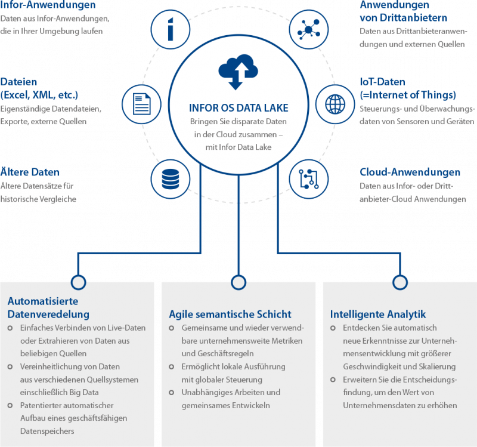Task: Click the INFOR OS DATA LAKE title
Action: (x=238, y=108)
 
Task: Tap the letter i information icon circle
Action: (x=171, y=28)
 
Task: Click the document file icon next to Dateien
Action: (x=141, y=104)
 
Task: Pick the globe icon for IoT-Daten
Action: (x=334, y=104)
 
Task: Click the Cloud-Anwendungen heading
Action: (x=410, y=172)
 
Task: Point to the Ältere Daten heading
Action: (x=30, y=172)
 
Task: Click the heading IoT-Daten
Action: (x=383, y=82)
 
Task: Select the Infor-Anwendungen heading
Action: (x=48, y=5)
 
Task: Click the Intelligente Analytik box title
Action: (x=378, y=314)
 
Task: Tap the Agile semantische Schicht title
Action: (x=230, y=314)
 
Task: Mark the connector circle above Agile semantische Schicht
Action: (x=238, y=282)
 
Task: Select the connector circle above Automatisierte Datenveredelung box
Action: (x=77, y=282)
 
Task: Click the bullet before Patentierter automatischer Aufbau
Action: (x=12, y=406)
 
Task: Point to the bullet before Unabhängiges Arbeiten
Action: (x=173, y=393)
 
